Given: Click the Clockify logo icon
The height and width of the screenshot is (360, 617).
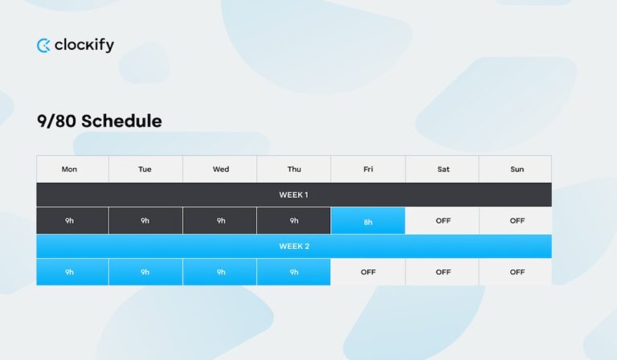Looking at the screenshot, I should tap(43, 46).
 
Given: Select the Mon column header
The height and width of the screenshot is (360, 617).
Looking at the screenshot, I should tap(70, 170).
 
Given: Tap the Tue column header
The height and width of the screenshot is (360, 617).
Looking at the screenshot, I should tap(145, 170).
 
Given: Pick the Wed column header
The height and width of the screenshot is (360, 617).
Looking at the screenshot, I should tap(220, 170).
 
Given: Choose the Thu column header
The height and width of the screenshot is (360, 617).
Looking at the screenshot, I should tap(294, 170).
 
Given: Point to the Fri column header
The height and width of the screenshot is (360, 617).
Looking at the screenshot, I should tap(368, 170).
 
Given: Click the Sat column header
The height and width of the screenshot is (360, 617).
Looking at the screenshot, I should tap(443, 170).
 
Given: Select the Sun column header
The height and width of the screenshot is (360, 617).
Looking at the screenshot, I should tap(517, 170).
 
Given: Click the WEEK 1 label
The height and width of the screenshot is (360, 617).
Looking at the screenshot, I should tap(293, 195).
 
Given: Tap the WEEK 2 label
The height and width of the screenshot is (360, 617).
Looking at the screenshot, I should tap(293, 246).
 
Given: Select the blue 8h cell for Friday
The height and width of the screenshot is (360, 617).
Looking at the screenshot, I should tap(368, 221).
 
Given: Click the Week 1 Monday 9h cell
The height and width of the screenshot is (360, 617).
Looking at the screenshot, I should tap(70, 221).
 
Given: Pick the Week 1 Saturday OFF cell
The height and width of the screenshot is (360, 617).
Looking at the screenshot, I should tap(443, 221).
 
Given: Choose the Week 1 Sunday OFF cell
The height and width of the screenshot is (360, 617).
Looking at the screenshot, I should tap(517, 221).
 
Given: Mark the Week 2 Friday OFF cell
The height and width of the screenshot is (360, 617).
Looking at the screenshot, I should tap(368, 272).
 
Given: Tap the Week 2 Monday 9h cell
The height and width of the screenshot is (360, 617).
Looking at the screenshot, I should tap(70, 272).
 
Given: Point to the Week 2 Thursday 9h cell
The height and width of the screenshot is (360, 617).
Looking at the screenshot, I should tap(294, 272).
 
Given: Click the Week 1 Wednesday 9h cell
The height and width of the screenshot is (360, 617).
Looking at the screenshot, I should tap(220, 221).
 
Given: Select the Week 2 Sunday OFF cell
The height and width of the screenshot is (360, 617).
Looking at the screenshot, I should tap(517, 272).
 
